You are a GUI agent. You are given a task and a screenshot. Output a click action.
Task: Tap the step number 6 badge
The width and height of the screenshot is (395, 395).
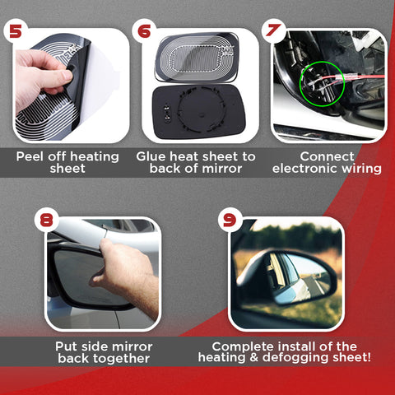pos(144,30)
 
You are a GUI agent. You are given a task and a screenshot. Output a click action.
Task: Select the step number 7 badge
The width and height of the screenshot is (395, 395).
pos(272,30)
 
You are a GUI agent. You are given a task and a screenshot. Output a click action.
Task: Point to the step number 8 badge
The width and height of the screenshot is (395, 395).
pos(48,219)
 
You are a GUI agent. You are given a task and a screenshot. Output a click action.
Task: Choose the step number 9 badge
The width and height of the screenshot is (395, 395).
pos(230,220)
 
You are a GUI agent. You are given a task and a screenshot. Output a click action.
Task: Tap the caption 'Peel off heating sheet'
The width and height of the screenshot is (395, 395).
pos(67,162)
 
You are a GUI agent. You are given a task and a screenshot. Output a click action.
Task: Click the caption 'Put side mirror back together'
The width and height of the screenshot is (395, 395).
pos(102,352)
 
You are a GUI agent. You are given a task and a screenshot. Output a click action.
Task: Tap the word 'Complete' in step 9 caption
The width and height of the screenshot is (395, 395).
pos(241,346)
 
